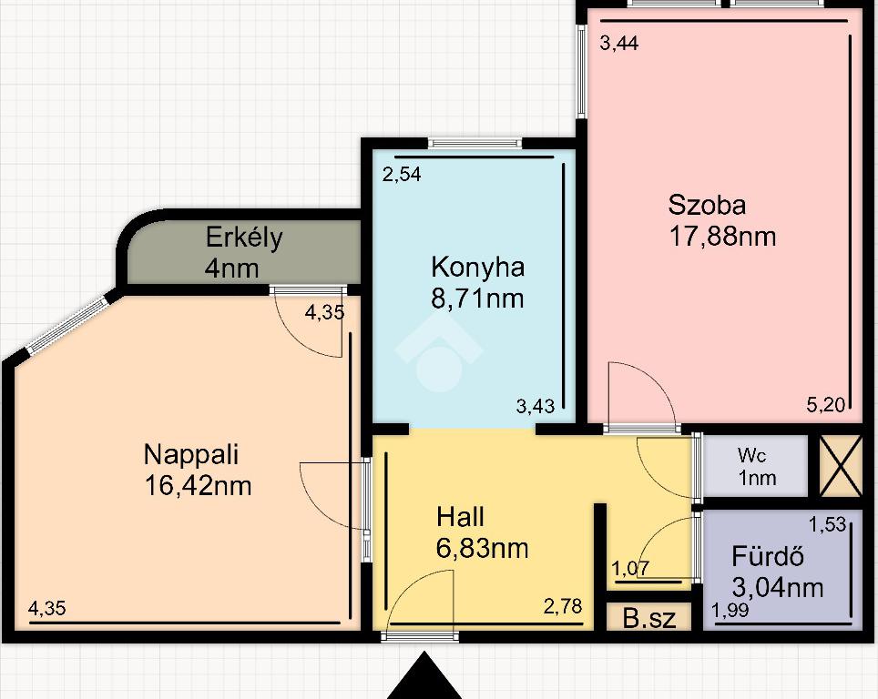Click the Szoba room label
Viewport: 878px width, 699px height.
point(707,205)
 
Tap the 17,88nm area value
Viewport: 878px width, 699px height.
point(722,236)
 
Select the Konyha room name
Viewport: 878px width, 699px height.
point(477,267)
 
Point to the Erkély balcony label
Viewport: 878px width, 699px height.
point(243,238)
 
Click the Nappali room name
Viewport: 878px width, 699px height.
point(191,454)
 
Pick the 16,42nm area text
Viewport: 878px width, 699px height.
point(198,485)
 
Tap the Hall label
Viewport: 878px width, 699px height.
point(460,517)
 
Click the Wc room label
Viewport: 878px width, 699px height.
point(751,455)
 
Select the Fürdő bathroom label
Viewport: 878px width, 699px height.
point(768,556)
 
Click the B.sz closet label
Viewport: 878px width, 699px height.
point(649,618)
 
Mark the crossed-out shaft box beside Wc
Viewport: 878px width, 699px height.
point(840,466)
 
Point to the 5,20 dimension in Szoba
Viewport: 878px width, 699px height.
point(825,404)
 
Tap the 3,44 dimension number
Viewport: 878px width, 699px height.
point(618,43)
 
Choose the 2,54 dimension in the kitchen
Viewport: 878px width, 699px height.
point(402,174)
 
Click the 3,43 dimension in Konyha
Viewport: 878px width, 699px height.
point(536,406)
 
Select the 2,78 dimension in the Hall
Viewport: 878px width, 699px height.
point(563,605)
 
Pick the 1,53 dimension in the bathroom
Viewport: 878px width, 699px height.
point(827,524)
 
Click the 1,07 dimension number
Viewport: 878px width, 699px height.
point(630,569)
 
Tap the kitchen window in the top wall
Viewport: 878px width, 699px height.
point(475,144)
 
